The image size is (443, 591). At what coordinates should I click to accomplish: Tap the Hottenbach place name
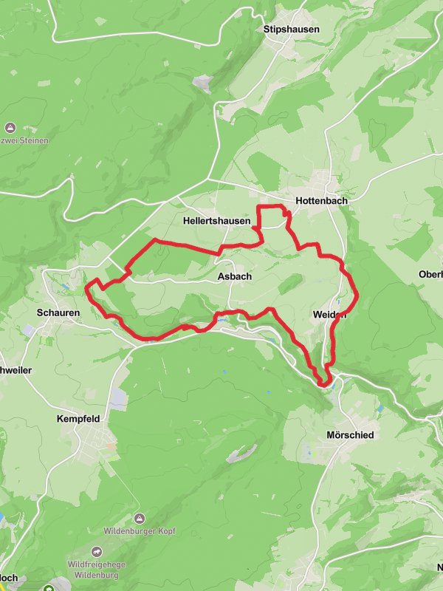(321, 201)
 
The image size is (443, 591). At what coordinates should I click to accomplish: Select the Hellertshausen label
(216, 221)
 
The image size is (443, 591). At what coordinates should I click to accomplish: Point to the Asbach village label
(235, 276)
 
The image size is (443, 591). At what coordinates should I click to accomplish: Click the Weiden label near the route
(329, 315)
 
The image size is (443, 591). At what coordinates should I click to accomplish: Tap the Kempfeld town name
(78, 418)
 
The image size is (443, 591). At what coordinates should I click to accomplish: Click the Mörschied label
(350, 435)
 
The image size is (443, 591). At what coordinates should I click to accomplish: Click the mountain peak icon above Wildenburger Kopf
(140, 518)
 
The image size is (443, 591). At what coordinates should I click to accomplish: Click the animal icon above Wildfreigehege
(97, 551)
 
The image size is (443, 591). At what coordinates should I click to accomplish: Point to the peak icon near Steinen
(10, 127)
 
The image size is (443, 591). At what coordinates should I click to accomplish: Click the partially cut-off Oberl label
(430, 274)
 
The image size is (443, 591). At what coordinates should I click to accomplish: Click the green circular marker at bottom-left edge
(49, 589)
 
